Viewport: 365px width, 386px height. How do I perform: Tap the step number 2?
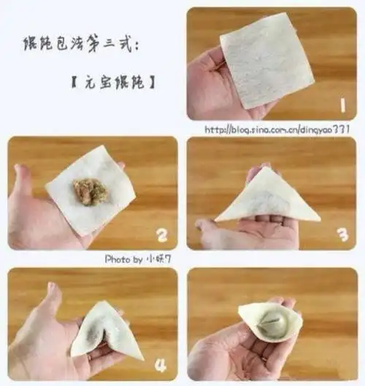pos(162,234)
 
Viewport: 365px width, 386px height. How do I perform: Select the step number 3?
pos(341,234)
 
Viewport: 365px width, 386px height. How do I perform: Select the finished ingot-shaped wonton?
pos(269,320)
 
